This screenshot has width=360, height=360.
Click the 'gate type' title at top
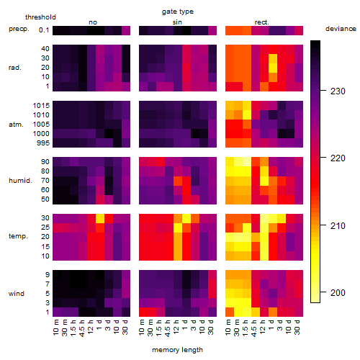(178, 12)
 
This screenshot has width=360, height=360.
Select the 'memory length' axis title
(177, 350)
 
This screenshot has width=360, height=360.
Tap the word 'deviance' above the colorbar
(341, 29)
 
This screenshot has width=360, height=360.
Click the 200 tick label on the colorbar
(338, 292)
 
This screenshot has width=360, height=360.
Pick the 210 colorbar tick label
(338, 225)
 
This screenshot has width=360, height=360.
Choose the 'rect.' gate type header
(262, 22)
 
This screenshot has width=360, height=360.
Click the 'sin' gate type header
(177, 22)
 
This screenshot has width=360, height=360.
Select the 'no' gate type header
(93, 22)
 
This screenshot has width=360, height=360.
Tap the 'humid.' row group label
(20, 181)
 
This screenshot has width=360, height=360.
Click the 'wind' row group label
(17, 294)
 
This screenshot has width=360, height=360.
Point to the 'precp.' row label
(19, 30)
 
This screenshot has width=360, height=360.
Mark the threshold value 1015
(41, 106)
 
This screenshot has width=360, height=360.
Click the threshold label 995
(43, 143)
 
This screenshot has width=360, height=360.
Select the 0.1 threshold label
(44, 30)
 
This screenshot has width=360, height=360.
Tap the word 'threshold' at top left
(40, 17)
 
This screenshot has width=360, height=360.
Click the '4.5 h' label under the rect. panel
(254, 328)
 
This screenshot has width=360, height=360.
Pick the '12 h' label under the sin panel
(176, 327)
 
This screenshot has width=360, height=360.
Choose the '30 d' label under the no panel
(125, 327)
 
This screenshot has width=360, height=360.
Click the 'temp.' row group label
(18, 236)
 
